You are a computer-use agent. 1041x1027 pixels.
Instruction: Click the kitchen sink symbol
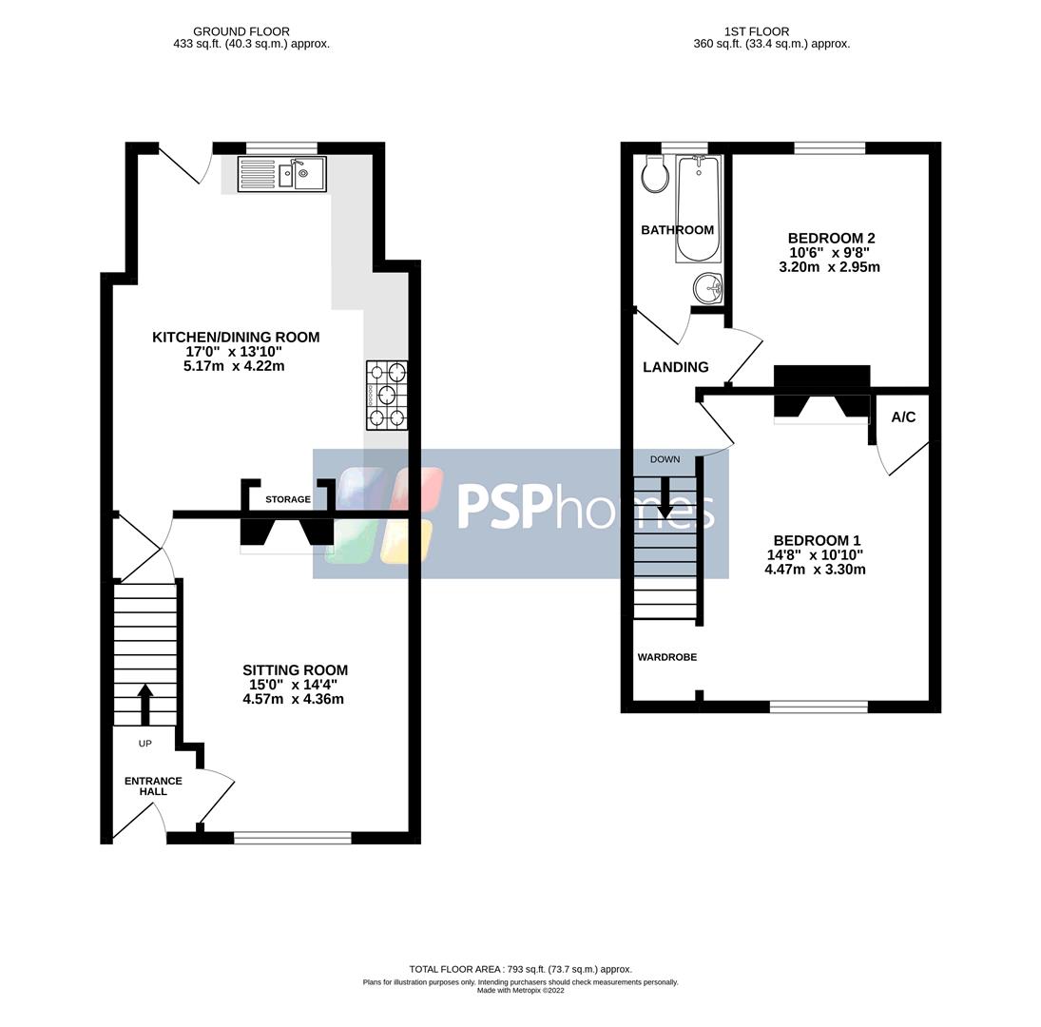tap(281, 174)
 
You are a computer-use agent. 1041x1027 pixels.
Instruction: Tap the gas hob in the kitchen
tap(387, 395)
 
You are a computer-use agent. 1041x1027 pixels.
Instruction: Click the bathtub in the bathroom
tap(699, 208)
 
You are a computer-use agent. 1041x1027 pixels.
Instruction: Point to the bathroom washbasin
tap(708, 287)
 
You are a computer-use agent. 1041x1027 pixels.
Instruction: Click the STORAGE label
tap(288, 499)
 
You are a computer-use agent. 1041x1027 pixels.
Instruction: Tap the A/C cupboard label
tap(903, 417)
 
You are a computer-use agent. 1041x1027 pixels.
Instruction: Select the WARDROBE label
tap(666, 657)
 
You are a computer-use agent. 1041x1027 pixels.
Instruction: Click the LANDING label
tap(675, 367)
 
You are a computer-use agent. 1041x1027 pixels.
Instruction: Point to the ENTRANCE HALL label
tap(153, 786)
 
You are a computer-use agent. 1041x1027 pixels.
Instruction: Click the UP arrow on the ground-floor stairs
tap(145, 704)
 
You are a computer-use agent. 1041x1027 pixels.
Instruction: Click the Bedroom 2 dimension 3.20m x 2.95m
tap(829, 267)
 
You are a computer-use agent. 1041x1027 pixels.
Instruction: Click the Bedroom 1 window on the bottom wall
tap(819, 707)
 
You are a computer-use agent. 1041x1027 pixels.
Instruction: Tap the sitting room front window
tap(293, 838)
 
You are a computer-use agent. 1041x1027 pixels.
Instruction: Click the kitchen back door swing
tap(185, 165)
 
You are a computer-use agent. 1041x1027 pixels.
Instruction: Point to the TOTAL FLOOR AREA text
tap(520, 969)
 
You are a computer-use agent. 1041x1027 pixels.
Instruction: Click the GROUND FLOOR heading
tap(241, 31)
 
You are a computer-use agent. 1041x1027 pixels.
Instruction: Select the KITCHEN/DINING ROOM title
tap(236, 338)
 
